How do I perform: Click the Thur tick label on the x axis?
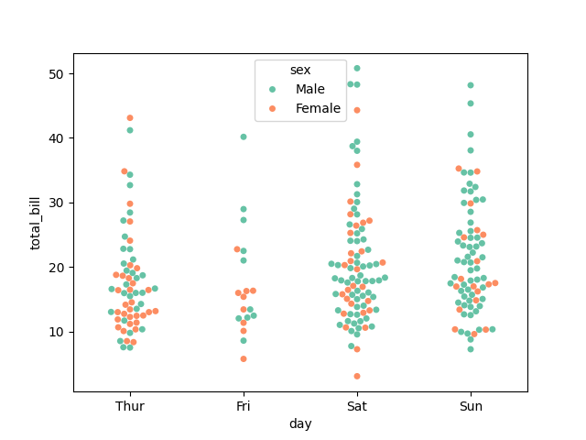click(130, 406)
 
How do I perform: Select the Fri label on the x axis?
click(244, 406)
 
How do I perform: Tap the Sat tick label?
click(357, 406)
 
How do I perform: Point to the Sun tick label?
click(471, 406)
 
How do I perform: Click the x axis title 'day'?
click(300, 423)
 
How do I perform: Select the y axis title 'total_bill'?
click(37, 223)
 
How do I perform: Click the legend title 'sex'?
click(299, 70)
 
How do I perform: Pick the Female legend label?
click(318, 108)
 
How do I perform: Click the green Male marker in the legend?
click(272, 89)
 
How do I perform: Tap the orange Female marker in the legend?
click(272, 108)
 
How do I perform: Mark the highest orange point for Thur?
click(130, 118)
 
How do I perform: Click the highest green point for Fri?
click(244, 137)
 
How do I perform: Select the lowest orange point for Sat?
click(357, 376)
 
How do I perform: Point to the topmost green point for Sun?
click(471, 85)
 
